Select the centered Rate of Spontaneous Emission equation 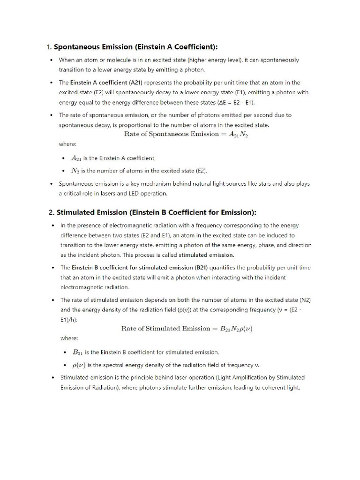point(186,134)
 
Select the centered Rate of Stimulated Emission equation point(187,329)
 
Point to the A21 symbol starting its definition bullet point(76,158)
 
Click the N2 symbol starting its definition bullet point(75,171)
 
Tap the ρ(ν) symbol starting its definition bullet point(78,365)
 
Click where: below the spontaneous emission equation point(67,144)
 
